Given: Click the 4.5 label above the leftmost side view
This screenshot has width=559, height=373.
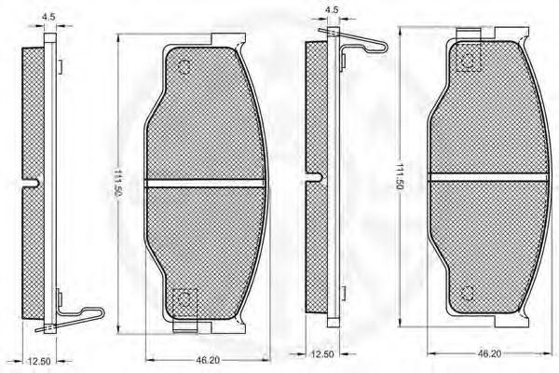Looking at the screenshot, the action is (48, 17).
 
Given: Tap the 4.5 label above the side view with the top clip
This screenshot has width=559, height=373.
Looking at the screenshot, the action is (332, 9).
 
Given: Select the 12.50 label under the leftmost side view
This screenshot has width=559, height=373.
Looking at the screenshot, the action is (39, 361).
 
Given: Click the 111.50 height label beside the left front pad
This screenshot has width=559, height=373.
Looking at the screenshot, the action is (117, 182).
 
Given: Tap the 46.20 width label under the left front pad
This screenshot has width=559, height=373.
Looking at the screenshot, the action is (208, 361).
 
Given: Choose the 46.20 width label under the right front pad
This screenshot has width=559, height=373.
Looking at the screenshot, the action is (489, 353).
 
